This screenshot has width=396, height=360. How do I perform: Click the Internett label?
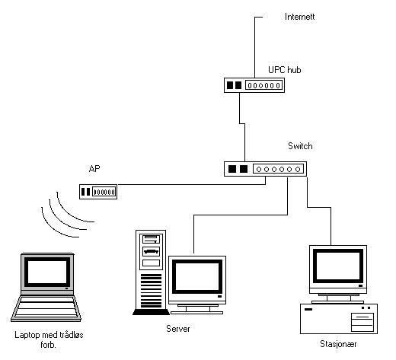299,17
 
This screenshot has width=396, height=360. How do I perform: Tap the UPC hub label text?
285,70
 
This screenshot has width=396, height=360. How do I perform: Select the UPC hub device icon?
254,85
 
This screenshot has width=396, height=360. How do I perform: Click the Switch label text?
300,146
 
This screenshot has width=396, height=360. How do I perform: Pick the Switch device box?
265,169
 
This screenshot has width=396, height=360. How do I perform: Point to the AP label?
94,169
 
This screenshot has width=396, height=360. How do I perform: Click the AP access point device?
98,192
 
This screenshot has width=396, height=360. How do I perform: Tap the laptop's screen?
47,272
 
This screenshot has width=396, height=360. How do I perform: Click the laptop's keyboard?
46,307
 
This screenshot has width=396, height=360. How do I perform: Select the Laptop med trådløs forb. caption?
49,339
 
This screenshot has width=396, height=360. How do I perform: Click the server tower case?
151,272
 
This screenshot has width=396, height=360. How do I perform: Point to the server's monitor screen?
197,277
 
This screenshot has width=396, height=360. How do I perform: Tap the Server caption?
178,329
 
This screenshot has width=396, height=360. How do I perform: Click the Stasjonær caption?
338,344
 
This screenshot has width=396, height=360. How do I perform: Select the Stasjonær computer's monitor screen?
338,266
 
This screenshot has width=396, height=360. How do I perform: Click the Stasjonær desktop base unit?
339,319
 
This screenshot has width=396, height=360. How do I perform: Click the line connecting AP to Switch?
193,184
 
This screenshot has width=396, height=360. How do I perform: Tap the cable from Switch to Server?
241,215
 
